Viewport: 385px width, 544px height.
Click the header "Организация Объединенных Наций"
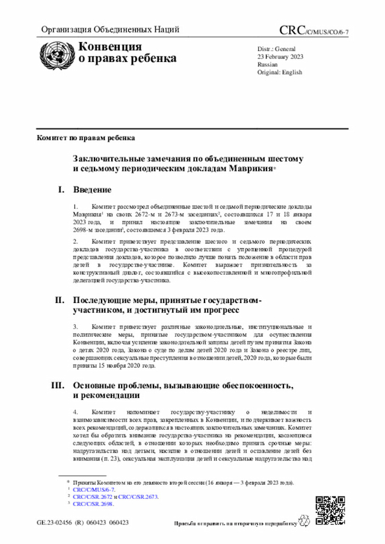109,30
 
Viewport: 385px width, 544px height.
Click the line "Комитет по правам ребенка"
86,138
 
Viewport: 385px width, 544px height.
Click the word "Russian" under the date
267,64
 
